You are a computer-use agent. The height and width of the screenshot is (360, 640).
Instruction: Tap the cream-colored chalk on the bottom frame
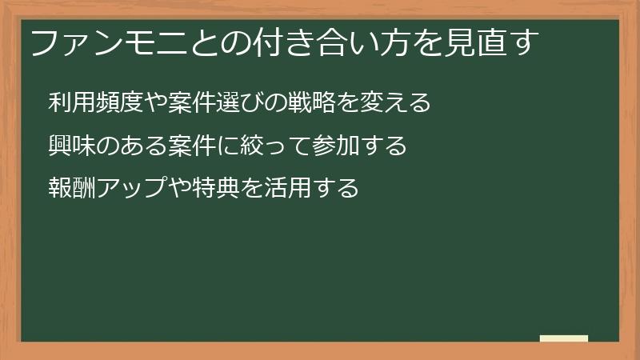coord(564,339)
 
